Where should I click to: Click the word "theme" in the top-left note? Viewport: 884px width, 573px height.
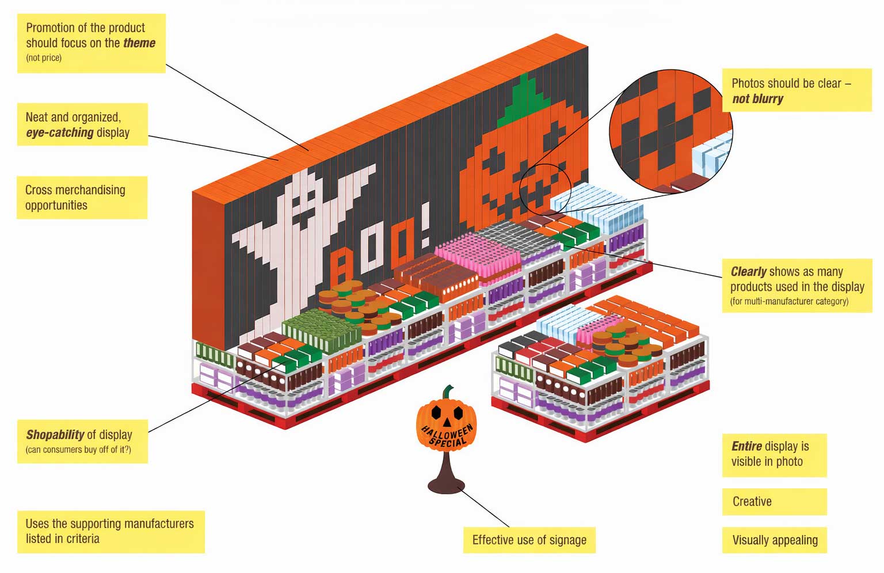pyautogui.click(x=139, y=43)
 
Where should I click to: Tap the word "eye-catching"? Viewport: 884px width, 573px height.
pyautogui.click(x=60, y=132)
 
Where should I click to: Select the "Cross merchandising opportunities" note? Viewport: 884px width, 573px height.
pyautogui.click(x=82, y=198)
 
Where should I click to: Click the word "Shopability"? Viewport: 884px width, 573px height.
pyautogui.click(x=55, y=434)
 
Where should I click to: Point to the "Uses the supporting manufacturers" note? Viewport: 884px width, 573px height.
pyautogui.click(x=111, y=532)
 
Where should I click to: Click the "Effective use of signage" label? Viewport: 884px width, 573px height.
pyautogui.click(x=529, y=540)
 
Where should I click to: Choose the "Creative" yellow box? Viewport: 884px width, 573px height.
pyautogui.click(x=774, y=502)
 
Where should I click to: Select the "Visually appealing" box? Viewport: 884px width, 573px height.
pyautogui.click(x=774, y=540)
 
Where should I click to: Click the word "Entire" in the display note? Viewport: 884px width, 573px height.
pyautogui.click(x=746, y=446)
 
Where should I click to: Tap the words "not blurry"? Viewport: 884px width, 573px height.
pyautogui.click(x=758, y=98)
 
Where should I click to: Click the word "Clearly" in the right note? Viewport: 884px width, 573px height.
pyautogui.click(x=749, y=272)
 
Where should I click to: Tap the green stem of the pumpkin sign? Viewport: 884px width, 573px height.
pyautogui.click(x=448, y=392)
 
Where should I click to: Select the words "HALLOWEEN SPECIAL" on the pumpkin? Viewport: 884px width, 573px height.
pyautogui.click(x=448, y=435)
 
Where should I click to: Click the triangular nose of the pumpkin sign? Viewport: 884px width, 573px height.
pyautogui.click(x=447, y=423)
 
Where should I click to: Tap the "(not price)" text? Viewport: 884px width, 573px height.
pyautogui.click(x=44, y=58)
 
